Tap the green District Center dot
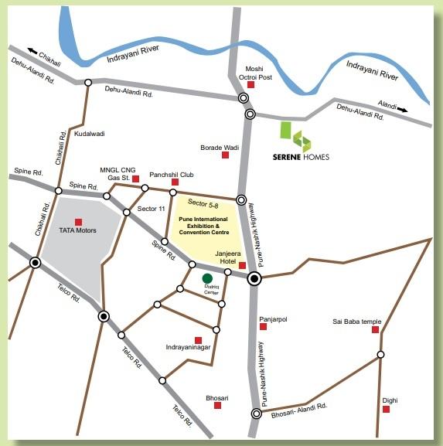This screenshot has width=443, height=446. (x=207, y=278)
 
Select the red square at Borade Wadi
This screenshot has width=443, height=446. (x=226, y=155)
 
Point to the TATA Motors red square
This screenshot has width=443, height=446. (x=78, y=222)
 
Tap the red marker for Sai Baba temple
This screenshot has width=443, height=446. (x=375, y=330)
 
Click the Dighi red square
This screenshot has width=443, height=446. (x=385, y=410)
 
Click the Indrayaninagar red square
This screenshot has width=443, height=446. (x=199, y=340)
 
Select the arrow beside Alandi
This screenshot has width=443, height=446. (x=403, y=110)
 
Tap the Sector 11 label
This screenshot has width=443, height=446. (x=152, y=209)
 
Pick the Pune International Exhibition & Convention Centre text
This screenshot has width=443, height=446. (x=205, y=226)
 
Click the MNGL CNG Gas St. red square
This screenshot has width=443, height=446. (x=135, y=179)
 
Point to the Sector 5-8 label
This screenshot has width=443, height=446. (x=203, y=206)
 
